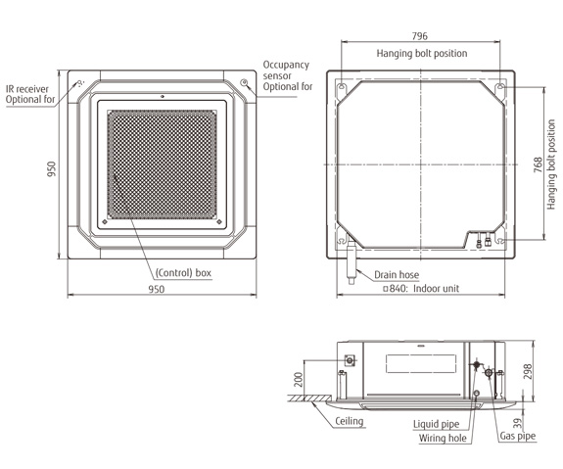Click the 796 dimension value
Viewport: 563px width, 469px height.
pyautogui.click(x=419, y=36)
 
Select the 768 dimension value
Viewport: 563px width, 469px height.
pyautogui.click(x=538, y=164)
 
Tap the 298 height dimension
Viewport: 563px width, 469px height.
pyautogui.click(x=528, y=372)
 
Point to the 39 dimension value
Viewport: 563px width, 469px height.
pyautogui.click(x=517, y=423)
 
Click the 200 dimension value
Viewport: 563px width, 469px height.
pyautogui.click(x=299, y=379)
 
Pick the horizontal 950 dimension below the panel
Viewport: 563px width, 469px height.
pyautogui.click(x=157, y=289)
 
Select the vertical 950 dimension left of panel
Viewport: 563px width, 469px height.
pyautogui.click(x=52, y=168)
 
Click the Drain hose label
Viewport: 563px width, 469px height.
pyautogui.click(x=397, y=275)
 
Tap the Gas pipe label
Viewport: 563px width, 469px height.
pyautogui.click(x=517, y=436)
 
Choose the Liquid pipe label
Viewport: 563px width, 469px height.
pyautogui.click(x=436, y=424)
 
